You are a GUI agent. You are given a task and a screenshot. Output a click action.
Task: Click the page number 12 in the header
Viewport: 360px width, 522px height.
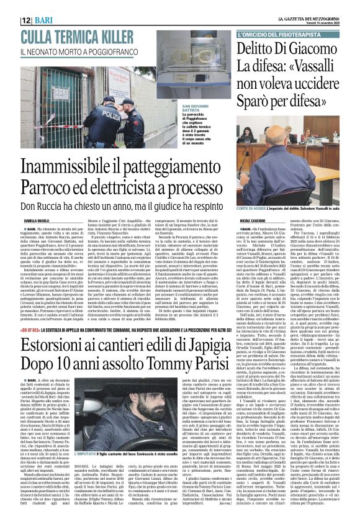pyautogui.click(x=27, y=20)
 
